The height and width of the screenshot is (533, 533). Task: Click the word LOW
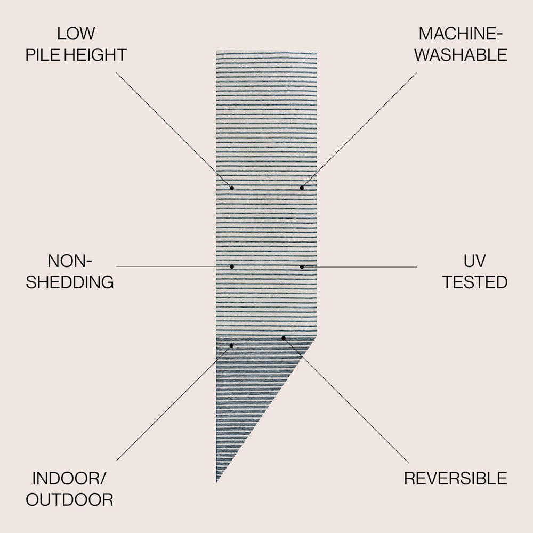click(76, 34)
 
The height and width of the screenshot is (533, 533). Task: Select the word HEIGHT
click(95, 55)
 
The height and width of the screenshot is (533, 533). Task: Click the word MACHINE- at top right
click(461, 34)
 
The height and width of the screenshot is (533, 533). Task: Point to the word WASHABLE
click(461, 55)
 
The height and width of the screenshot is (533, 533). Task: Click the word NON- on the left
click(70, 261)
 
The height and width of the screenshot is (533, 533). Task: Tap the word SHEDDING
click(70, 282)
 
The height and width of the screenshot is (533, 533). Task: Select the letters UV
click(474, 261)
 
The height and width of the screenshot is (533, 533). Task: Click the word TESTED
click(474, 282)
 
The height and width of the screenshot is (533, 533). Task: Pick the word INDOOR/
click(69, 479)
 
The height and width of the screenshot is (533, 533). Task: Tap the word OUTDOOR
click(69, 500)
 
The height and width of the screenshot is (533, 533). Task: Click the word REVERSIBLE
click(456, 479)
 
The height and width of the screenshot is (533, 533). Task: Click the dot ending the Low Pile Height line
click(232, 188)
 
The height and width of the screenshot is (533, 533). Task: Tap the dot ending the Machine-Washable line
click(302, 188)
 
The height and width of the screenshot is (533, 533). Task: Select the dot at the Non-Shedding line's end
click(232, 266)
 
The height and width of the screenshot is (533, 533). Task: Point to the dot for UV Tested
click(302, 267)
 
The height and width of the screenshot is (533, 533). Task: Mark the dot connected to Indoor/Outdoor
click(231, 345)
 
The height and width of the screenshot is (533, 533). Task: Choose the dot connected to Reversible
click(284, 338)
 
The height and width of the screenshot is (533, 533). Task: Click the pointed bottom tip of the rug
click(217, 482)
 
